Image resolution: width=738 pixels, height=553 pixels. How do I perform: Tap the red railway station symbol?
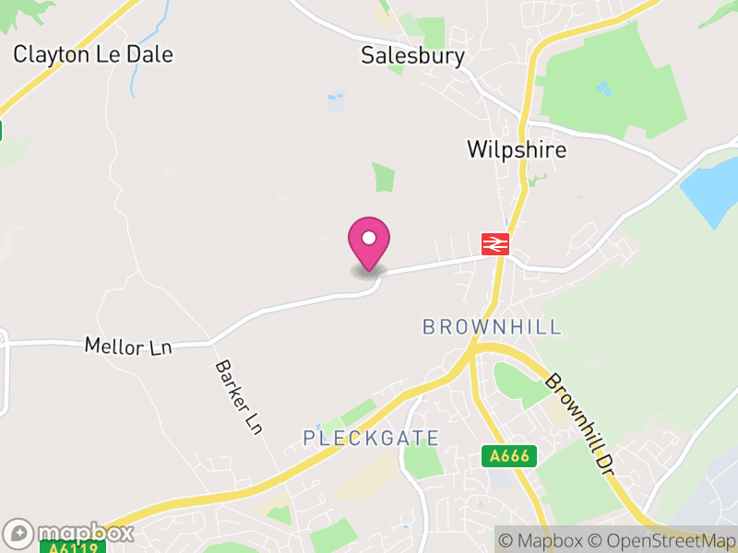click(x=495, y=243)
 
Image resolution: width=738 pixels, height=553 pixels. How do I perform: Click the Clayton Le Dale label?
click(x=92, y=54)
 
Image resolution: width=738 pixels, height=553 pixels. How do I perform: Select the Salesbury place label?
click(x=412, y=56)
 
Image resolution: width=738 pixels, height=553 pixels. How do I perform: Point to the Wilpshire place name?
click(x=517, y=149)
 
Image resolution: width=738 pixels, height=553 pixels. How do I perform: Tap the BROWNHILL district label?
click(x=492, y=326)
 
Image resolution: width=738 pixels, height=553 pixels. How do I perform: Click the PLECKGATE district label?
click(x=371, y=437)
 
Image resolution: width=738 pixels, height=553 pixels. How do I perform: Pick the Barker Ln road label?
click(x=239, y=397)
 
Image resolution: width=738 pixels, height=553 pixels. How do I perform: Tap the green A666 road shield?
click(x=508, y=455)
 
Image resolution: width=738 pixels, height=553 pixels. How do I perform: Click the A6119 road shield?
click(x=72, y=547)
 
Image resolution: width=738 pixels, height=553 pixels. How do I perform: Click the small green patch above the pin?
click(x=383, y=176)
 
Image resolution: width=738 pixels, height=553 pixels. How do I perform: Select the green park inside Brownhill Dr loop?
click(x=517, y=382)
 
